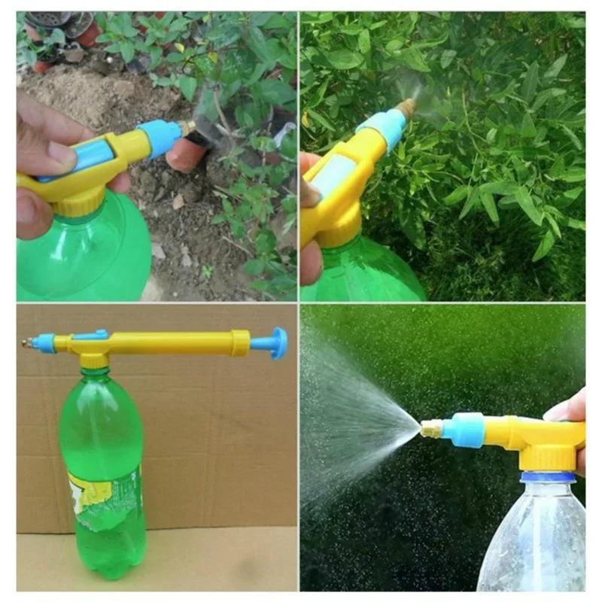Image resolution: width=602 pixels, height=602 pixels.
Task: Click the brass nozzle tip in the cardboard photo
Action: [28, 342]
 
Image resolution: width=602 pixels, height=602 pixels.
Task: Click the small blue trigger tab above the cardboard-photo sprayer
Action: [94, 333]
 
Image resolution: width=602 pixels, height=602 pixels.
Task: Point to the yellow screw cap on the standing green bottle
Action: [94, 361]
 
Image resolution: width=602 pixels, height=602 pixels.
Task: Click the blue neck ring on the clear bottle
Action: [548, 477]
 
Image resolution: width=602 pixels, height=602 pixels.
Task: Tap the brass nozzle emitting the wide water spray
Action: [430, 429]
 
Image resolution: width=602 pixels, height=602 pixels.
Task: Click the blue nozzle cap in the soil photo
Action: [160, 138]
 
